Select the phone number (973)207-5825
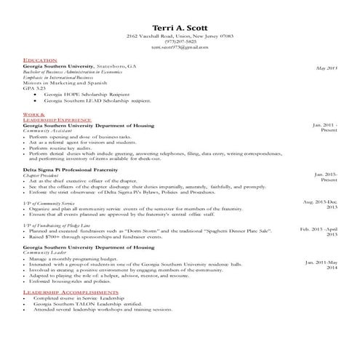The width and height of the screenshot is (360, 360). (x=180, y=41)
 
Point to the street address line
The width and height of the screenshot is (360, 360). (x=180, y=35)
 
